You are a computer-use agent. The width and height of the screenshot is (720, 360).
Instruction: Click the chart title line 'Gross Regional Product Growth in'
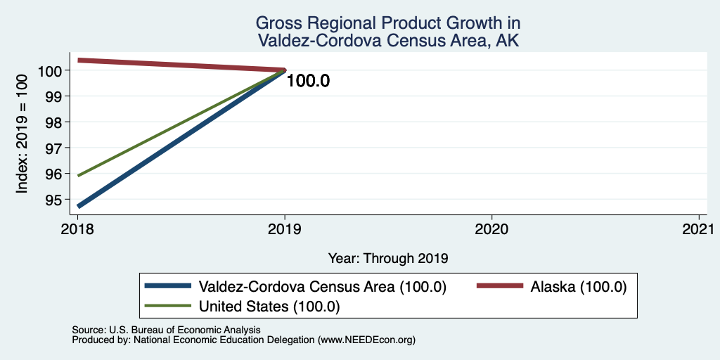click(x=387, y=22)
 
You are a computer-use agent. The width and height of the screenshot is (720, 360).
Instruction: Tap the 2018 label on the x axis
click(x=77, y=229)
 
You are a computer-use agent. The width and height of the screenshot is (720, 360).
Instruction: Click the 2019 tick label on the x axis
click(x=285, y=229)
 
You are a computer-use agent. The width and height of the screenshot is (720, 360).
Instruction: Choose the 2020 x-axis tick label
click(x=491, y=229)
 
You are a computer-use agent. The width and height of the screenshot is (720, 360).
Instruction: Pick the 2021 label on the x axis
click(x=699, y=229)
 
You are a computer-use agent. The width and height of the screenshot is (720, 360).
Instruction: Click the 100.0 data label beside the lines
click(x=308, y=82)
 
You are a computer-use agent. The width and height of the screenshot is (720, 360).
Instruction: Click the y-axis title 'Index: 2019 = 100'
click(x=22, y=134)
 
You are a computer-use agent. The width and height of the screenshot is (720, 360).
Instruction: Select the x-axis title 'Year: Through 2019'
click(x=388, y=259)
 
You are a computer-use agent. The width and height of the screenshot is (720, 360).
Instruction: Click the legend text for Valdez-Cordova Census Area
click(x=322, y=287)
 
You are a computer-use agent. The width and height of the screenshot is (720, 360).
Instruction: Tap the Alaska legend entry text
click(x=579, y=287)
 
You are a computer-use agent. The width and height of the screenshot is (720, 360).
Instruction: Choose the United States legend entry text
click(x=269, y=307)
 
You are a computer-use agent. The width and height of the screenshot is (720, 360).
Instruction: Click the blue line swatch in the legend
click(x=167, y=286)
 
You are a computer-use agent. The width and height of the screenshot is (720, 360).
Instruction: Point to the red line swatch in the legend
click(x=500, y=286)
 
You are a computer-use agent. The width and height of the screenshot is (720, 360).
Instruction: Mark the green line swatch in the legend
click(x=167, y=306)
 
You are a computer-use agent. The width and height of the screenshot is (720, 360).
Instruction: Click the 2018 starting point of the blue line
click(x=78, y=206)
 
